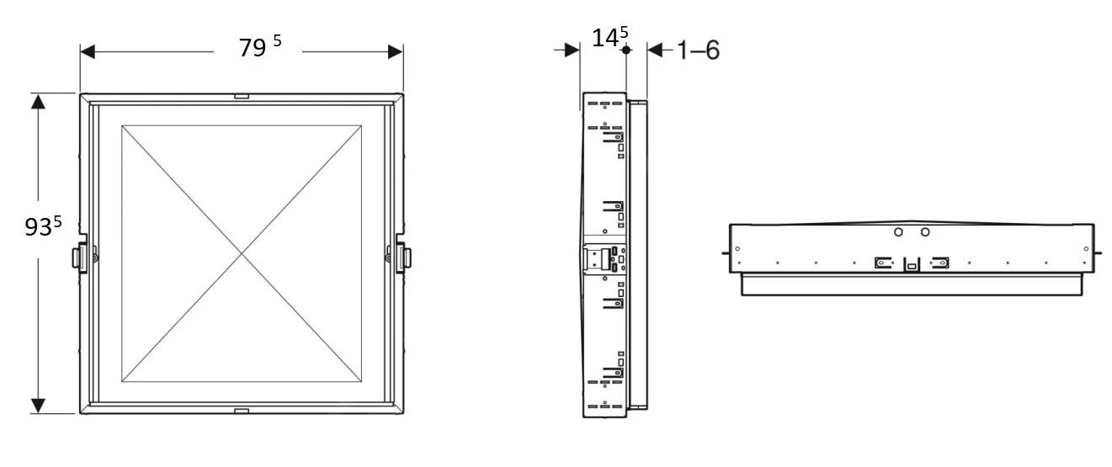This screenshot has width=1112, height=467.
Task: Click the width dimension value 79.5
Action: tap(259, 48)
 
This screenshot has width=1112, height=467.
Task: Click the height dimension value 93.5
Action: tap(43, 226)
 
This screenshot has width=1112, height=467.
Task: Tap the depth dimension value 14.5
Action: tap(609, 38)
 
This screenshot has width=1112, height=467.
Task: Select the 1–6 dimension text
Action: tap(698, 50)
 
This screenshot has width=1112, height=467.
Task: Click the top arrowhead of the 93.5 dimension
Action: tap(38, 102)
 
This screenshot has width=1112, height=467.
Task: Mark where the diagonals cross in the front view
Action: tap(242, 252)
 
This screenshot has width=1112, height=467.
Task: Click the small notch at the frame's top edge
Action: tap(242, 97)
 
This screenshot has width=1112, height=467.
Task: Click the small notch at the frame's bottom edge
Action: tap(242, 411)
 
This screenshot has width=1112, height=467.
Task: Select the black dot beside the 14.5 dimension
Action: tap(625, 50)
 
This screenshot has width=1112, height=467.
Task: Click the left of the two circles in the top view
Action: tap(898, 231)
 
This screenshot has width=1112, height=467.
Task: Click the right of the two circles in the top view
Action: tap(925, 231)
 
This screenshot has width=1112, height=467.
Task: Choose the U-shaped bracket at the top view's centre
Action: tap(912, 264)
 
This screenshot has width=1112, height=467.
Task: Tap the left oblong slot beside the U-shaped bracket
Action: tap(882, 262)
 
